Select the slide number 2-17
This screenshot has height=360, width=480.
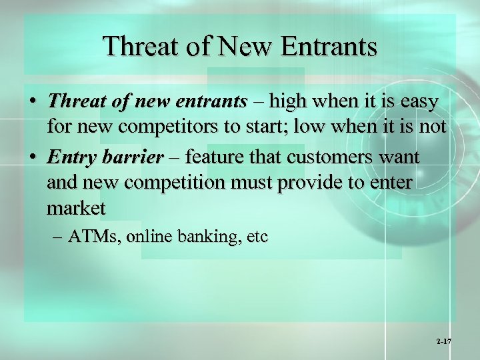(444, 341)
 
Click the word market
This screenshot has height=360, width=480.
(75, 208)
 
